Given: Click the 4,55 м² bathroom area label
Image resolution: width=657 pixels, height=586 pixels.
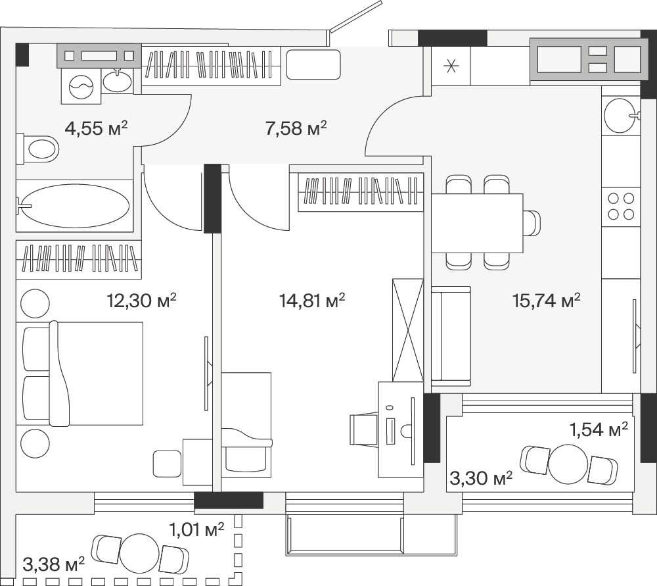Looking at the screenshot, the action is tap(96, 128).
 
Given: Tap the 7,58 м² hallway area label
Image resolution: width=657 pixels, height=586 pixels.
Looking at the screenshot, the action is tap(296, 128).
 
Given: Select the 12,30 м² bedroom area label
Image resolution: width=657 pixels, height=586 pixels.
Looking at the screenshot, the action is tap(142, 301).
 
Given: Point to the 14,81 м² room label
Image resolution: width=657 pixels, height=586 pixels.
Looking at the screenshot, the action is tap(311, 301).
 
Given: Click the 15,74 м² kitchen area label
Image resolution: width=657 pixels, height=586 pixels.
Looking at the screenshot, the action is tap(547, 301).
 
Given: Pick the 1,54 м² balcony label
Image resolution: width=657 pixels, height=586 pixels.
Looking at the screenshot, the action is tap(599, 429).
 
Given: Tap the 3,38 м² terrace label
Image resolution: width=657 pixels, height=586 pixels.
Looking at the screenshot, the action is tap(54, 564).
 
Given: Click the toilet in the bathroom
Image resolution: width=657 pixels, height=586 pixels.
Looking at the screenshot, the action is tap(37, 149).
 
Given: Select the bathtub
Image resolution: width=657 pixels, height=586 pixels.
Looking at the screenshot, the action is tap(75, 206).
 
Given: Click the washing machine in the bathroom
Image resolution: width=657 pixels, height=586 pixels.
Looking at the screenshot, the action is tap(81, 85).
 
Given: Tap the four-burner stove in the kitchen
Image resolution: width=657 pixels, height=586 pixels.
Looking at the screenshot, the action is tap(621, 207).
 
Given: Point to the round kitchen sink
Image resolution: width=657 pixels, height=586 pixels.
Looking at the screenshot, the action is tap(622, 115).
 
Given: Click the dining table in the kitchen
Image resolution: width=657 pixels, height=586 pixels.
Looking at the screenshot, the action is tap(477, 223).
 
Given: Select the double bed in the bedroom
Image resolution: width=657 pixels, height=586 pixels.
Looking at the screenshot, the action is tap(79, 374).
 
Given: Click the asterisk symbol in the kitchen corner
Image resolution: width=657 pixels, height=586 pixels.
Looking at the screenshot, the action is tap(451, 66).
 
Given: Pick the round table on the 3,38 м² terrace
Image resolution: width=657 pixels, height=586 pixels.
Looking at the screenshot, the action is tap(140, 553).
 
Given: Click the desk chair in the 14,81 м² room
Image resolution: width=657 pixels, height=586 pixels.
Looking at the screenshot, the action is tap(364, 429).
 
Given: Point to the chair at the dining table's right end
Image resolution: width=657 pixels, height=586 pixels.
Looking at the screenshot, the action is tap(532, 223).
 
